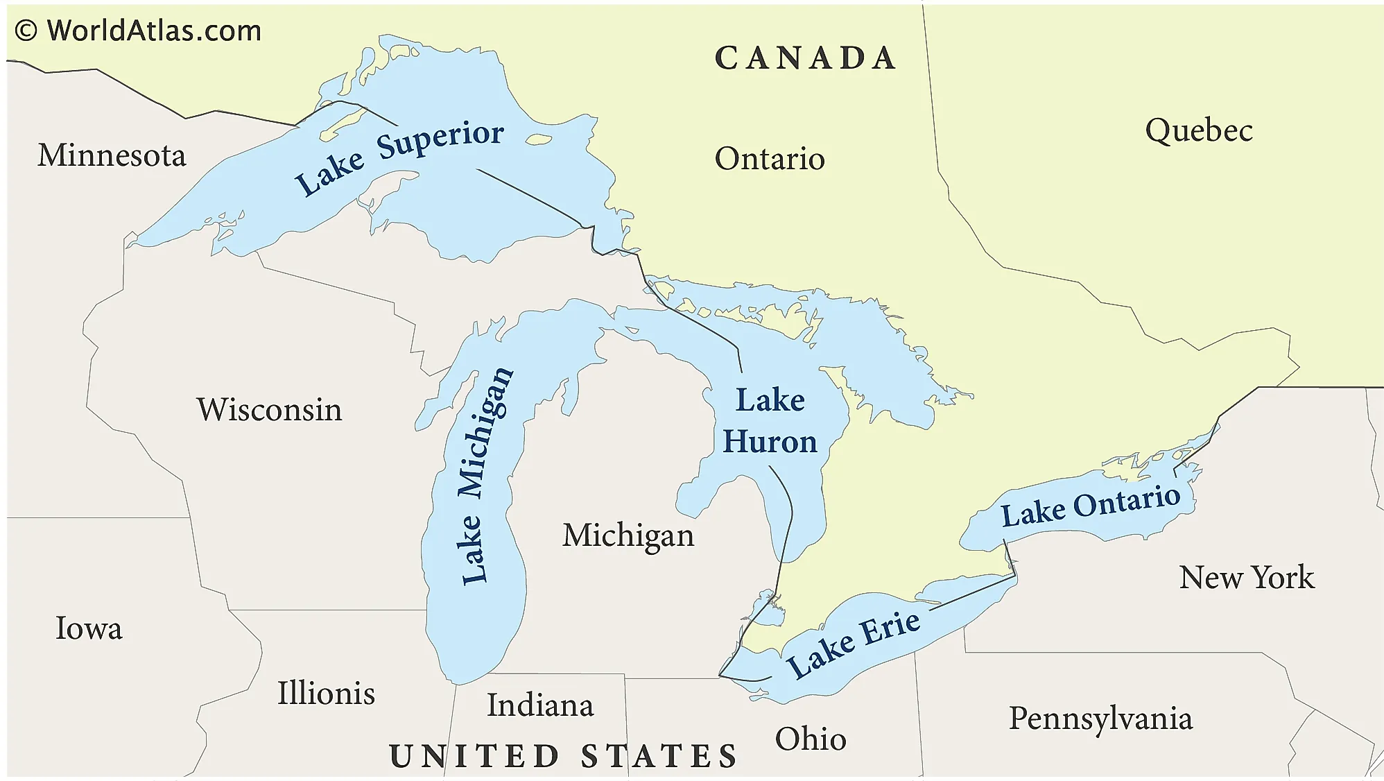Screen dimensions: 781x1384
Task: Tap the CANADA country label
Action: [805, 58]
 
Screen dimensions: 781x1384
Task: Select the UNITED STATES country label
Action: [563, 755]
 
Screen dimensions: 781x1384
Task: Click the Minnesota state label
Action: [112, 155]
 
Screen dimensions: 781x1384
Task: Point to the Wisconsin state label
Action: [269, 410]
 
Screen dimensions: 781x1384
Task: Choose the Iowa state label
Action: [89, 628]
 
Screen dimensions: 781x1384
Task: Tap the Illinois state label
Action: [326, 693]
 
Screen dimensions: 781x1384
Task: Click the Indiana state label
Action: [540, 705]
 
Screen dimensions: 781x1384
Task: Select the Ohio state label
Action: [811, 739]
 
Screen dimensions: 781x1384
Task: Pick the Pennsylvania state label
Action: [1100, 719]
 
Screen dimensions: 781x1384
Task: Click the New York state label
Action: [1246, 577]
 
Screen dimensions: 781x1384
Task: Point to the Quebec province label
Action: [1199, 130]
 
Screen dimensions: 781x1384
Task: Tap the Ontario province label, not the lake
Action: [770, 160]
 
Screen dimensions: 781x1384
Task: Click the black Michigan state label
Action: [628, 536]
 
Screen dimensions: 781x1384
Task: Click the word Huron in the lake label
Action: [770, 442]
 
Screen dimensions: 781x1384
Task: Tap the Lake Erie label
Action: [854, 644]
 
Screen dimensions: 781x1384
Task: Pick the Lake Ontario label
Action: [1090, 506]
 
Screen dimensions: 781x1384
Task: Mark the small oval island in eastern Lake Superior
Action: [538, 140]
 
